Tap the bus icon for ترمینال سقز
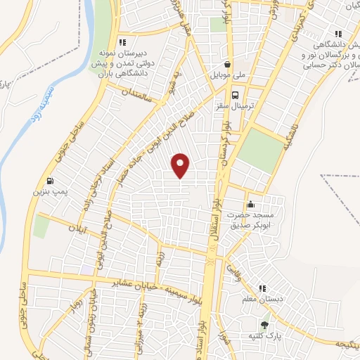(x=236, y=96)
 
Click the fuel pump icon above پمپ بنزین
(x=49, y=179)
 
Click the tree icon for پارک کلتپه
(x=264, y=325)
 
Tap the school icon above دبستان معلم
(x=262, y=288)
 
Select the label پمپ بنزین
(x=48, y=191)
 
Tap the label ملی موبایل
(x=226, y=73)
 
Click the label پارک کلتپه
(x=264, y=336)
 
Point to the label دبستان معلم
(x=262, y=300)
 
